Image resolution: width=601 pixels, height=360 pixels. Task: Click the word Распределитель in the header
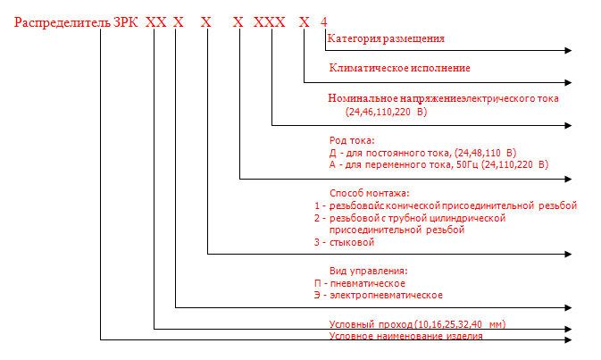tap(63, 22)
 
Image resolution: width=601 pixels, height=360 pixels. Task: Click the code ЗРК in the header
tap(125, 22)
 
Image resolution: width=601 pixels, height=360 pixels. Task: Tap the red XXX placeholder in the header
tap(270, 22)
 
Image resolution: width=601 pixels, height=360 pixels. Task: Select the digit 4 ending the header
tap(324, 22)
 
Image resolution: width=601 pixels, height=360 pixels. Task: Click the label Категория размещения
tap(386, 38)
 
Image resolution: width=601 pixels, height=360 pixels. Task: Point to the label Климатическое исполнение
tap(400, 68)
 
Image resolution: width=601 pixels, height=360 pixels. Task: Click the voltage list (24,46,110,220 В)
tap(386, 112)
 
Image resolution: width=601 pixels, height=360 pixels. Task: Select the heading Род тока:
tap(352, 141)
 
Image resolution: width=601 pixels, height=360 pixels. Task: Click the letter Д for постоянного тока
tap(333, 154)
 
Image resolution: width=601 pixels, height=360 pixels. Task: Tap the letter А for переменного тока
tap(332, 165)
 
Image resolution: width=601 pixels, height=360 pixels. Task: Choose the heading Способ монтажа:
tap(370, 193)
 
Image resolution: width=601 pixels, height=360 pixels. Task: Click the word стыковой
tap(352, 243)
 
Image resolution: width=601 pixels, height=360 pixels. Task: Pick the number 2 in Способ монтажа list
tap(317, 219)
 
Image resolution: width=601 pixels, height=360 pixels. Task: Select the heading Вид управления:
tap(369, 272)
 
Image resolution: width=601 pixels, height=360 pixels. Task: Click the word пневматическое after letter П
tap(368, 284)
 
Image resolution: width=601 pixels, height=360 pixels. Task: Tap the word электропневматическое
tap(387, 296)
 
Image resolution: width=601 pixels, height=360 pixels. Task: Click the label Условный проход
tap(371, 324)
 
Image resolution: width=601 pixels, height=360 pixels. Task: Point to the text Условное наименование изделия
tap(406, 336)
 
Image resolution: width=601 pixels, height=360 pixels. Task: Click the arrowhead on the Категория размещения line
tap(569, 50)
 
